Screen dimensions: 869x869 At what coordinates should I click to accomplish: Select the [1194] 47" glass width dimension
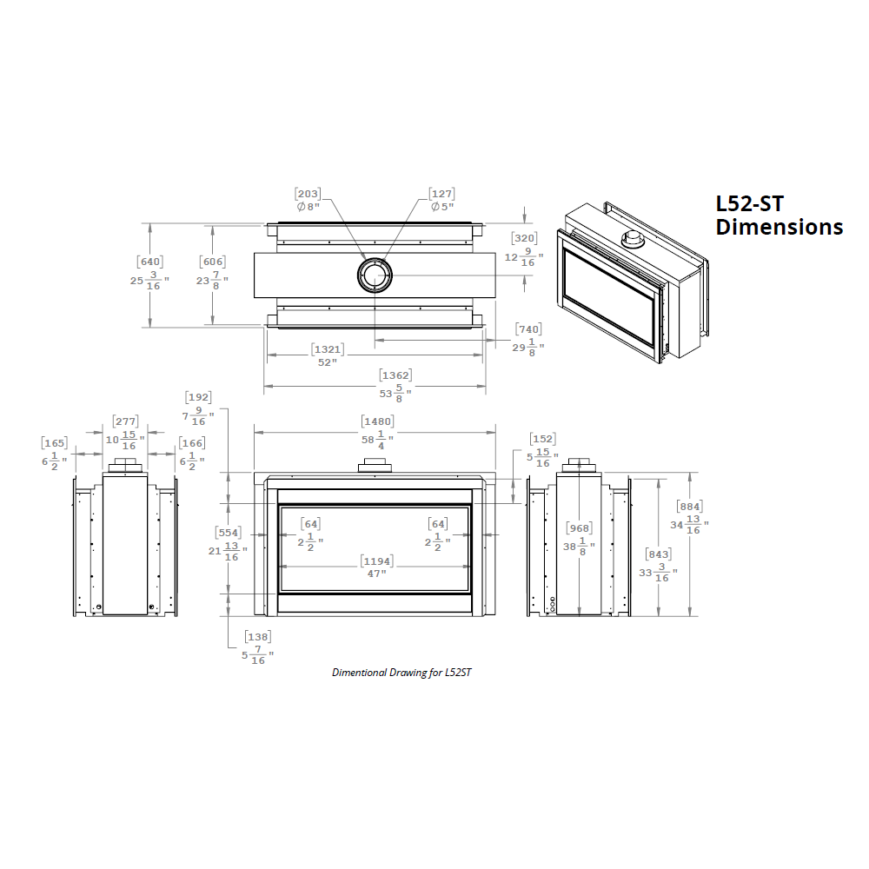pos(375,567)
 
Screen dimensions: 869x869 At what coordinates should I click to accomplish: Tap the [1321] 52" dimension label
pos(327,355)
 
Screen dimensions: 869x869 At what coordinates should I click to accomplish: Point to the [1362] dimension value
pos(395,383)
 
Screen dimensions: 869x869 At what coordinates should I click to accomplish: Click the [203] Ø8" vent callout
pos(308,200)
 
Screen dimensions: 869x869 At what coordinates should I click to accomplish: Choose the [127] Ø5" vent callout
pos(441,200)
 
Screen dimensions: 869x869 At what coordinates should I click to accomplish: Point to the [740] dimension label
pos(527,339)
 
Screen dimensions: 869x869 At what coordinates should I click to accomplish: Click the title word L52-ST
pos(749,203)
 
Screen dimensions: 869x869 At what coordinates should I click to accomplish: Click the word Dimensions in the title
pos(779,227)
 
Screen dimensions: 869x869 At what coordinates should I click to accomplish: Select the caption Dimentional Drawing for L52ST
pos(401,672)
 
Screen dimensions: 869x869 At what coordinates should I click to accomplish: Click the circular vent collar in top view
pos(375,275)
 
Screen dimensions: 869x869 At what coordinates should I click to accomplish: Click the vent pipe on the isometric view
pos(632,239)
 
